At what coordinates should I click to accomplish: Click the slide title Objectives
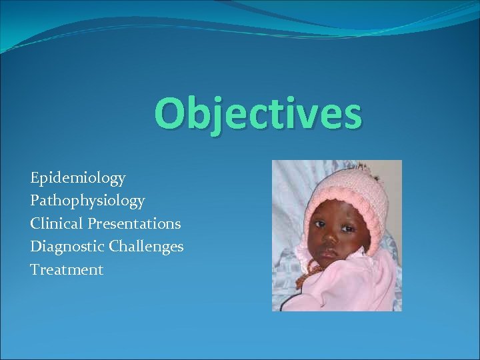(x=258, y=114)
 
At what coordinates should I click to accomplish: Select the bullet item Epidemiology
(x=77, y=178)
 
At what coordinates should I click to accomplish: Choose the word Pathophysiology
(x=87, y=200)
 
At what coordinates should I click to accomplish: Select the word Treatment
(x=67, y=270)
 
